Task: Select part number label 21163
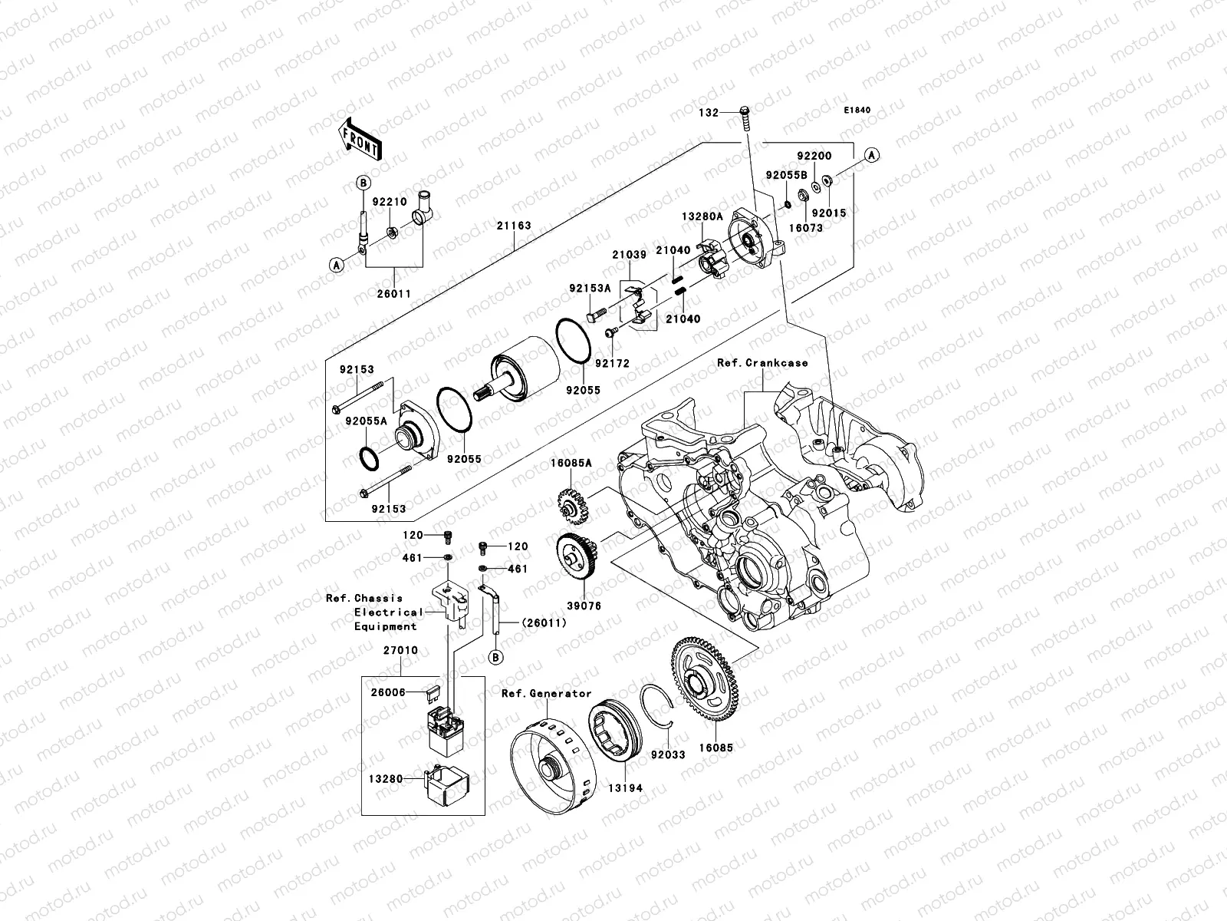[513, 226]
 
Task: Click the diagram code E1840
[858, 111]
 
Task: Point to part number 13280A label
[702, 217]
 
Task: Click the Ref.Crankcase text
[762, 362]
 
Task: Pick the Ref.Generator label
[547, 693]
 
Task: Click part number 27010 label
[400, 650]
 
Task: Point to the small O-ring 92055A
[369, 458]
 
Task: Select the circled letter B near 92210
[363, 183]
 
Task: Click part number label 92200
[813, 156]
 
